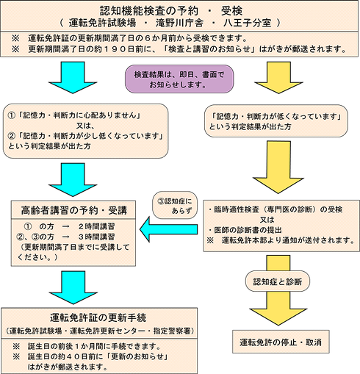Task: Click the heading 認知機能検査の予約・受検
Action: [x=179, y=9]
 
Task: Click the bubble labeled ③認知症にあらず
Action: [x=174, y=204]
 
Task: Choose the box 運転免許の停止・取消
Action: [x=282, y=342]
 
